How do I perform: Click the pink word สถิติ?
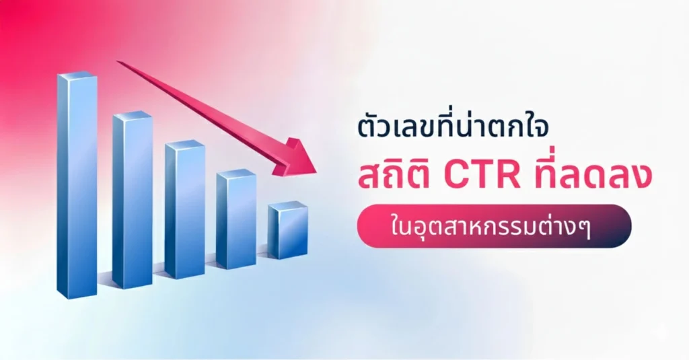[396, 177]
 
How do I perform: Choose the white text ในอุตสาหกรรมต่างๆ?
[494, 227]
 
